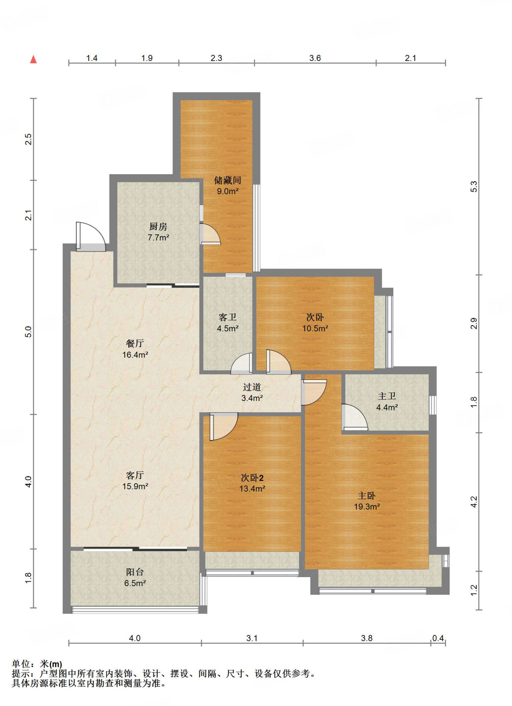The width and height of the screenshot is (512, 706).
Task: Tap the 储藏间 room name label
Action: (x=227, y=180)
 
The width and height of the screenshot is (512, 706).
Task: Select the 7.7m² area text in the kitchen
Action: (x=158, y=238)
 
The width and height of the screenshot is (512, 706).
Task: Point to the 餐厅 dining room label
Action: (x=135, y=343)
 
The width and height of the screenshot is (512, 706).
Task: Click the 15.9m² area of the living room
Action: (x=135, y=486)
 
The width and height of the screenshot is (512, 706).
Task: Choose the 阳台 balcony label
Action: (x=135, y=572)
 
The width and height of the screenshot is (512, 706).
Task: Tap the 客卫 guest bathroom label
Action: (x=228, y=317)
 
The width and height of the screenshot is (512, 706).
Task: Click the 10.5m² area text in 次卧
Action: (x=315, y=329)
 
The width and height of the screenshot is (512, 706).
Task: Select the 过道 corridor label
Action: (x=252, y=387)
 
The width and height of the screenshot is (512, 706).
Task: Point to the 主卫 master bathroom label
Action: (x=387, y=396)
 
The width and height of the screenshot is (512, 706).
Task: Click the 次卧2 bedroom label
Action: (x=252, y=477)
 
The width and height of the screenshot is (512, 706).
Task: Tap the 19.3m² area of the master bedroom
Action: (x=367, y=507)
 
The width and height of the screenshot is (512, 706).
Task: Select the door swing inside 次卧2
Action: (x=224, y=426)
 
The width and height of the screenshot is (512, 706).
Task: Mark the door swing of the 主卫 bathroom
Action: (x=355, y=417)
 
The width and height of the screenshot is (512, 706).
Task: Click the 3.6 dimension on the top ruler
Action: (x=315, y=58)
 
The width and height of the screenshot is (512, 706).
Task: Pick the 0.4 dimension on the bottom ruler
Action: (x=438, y=638)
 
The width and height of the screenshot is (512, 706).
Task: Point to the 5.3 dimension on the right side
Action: (x=474, y=186)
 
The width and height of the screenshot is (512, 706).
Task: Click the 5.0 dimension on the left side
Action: (x=28, y=332)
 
